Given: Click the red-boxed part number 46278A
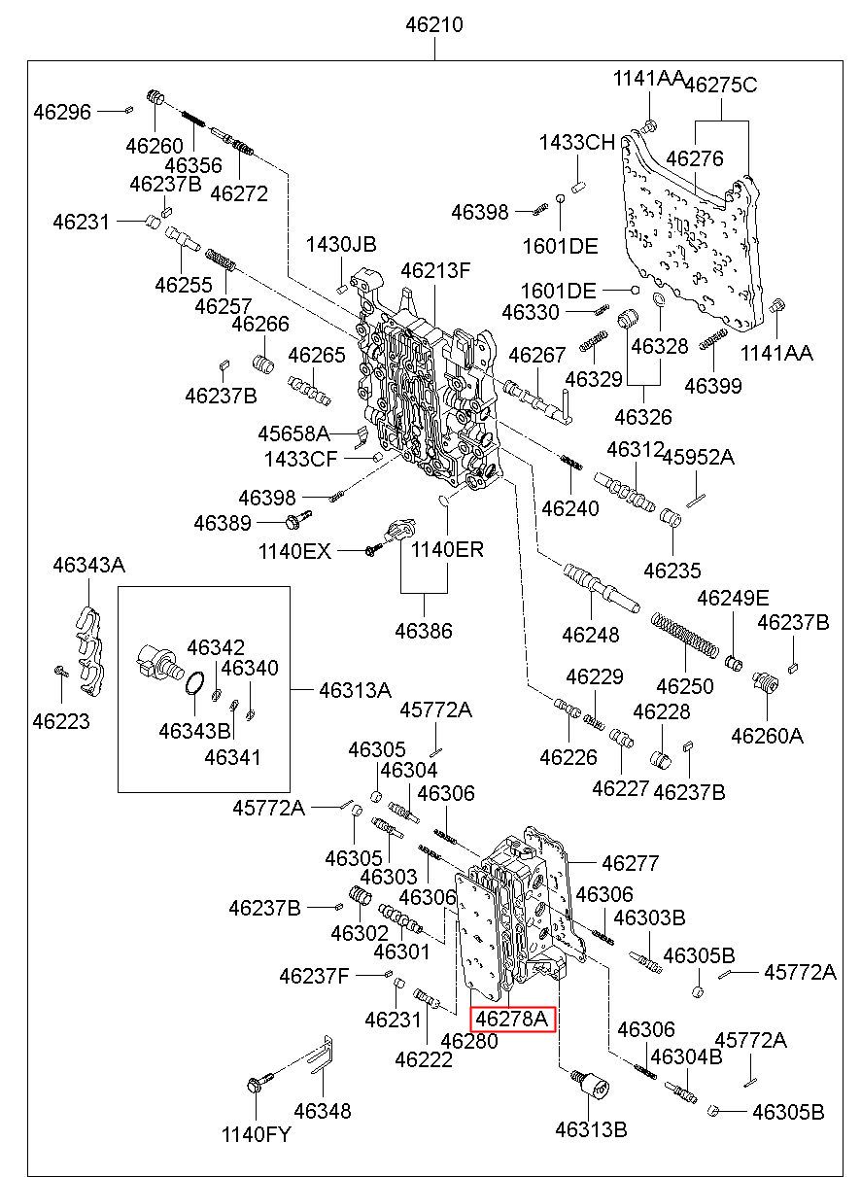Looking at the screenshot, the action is tap(512, 1020).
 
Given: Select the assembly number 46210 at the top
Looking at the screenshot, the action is tap(434, 24).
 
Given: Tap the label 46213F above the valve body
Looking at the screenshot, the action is tap(435, 270).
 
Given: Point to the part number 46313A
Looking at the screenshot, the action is tap(355, 690).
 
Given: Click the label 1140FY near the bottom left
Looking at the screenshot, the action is tap(256, 1134).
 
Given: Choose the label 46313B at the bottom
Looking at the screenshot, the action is tap(591, 1129).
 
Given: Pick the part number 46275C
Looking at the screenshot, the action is tap(721, 85).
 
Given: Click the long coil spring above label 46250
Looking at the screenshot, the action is tap(684, 635).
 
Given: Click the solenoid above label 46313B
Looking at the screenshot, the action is tap(590, 1085).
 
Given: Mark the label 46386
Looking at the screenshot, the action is tap(424, 631).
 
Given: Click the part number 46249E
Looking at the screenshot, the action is tap(733, 598).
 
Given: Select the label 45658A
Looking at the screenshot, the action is tap(293, 433).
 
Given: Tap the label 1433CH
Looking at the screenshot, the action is tap(577, 142).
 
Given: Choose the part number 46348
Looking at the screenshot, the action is tap(323, 1111).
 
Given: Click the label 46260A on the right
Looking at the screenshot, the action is tap(767, 736).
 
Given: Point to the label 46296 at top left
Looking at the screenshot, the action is tap(62, 112).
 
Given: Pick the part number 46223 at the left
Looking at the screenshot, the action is tap(61, 721).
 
